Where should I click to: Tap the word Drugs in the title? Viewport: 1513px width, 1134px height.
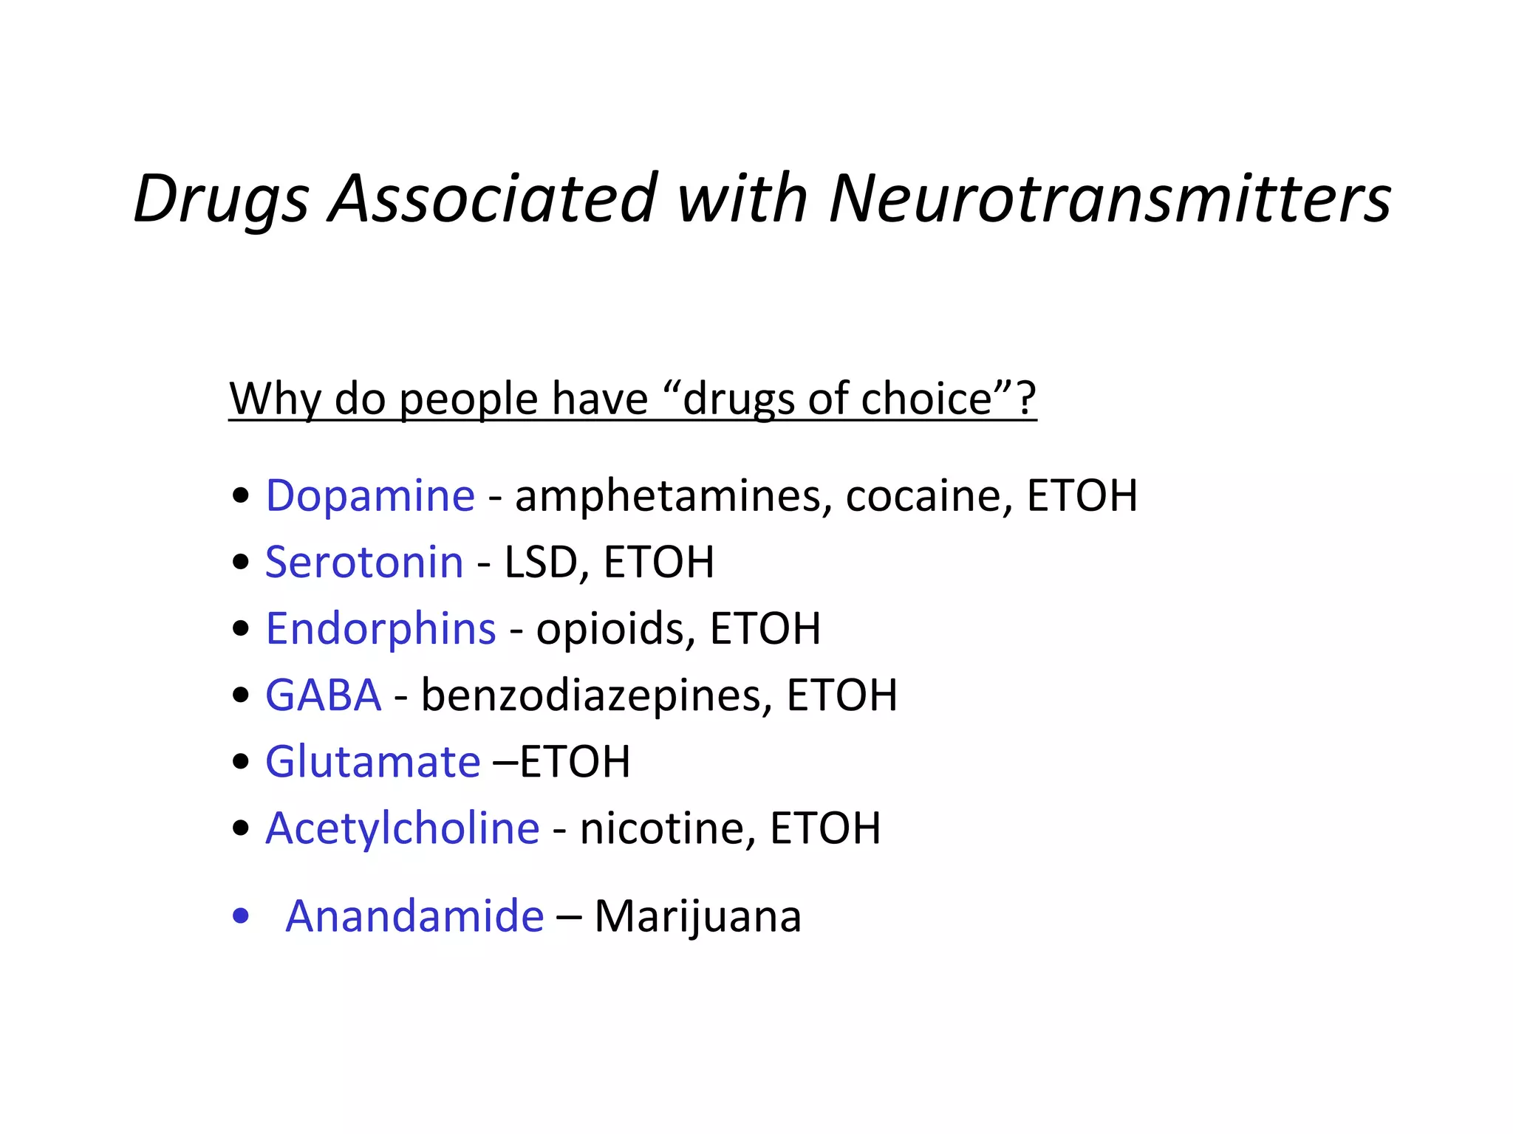point(221,199)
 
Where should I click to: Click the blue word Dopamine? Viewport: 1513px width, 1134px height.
point(370,495)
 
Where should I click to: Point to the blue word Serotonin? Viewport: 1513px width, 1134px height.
point(364,562)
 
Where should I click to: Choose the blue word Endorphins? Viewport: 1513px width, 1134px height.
point(380,628)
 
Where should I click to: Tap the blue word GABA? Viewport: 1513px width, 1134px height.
point(324,695)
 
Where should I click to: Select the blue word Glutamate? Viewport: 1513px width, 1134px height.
point(373,761)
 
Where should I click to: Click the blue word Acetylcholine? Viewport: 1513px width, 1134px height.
point(403,828)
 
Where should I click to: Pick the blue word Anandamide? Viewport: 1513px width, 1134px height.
point(414,916)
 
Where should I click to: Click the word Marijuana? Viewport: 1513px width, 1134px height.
point(697,918)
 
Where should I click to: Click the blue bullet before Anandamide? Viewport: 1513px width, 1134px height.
point(240,916)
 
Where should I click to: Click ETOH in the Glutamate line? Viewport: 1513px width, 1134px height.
point(575,762)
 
